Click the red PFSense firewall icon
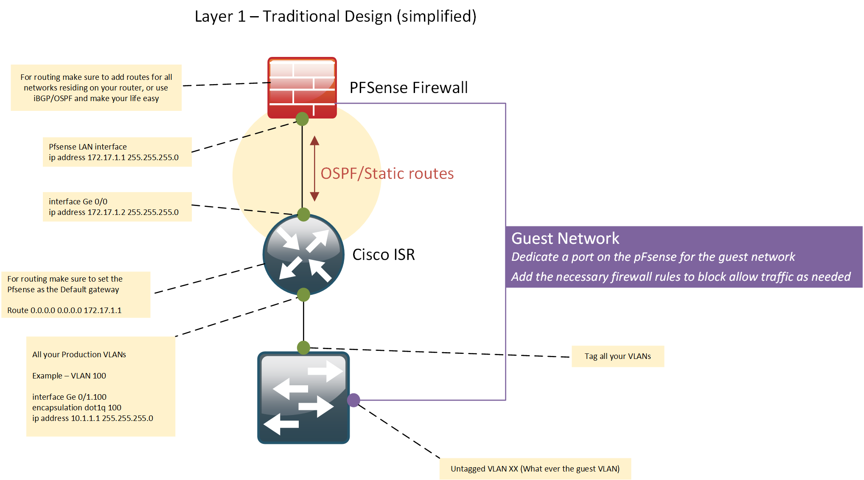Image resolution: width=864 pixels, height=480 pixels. [x=302, y=87]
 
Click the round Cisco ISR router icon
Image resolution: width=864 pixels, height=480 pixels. [x=303, y=255]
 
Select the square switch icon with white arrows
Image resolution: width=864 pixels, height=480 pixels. [x=303, y=398]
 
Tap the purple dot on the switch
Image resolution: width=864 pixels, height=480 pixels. [x=353, y=400]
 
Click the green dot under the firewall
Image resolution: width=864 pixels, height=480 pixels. [x=302, y=119]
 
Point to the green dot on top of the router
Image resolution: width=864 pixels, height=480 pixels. [x=303, y=215]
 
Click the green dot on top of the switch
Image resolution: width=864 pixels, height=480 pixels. [x=303, y=347]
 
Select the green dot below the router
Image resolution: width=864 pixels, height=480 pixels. [x=303, y=294]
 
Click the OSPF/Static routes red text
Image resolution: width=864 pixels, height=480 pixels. [x=387, y=174]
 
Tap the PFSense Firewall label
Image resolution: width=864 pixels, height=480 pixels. [x=408, y=88]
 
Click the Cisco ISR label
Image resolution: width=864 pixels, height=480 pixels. [x=383, y=255]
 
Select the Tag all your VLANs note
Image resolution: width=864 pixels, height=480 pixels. [x=617, y=356]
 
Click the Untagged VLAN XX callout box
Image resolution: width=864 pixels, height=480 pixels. [x=535, y=469]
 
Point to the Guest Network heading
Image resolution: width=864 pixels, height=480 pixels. [x=565, y=239]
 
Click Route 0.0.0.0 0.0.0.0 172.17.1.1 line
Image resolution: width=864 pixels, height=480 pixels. [x=64, y=311]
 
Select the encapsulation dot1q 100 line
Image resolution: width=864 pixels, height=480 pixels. [x=76, y=408]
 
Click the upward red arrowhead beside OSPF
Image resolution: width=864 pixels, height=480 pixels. [x=314, y=141]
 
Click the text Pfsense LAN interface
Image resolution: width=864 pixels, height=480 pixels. [x=87, y=147]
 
